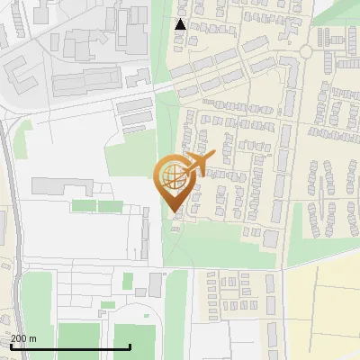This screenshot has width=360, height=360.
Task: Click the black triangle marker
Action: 180,24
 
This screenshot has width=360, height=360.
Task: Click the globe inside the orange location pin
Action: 171,175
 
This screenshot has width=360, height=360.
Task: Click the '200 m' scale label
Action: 24,338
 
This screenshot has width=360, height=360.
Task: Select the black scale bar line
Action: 71,347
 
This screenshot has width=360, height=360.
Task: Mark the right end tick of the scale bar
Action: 131,346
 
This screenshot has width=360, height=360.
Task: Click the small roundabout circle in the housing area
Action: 306,52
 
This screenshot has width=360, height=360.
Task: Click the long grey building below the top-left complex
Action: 85,83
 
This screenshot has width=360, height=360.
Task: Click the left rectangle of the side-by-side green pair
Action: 83,206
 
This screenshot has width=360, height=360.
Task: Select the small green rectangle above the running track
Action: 128,280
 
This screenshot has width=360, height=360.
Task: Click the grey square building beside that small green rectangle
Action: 156,284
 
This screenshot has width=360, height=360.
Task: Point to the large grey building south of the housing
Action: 271,239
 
